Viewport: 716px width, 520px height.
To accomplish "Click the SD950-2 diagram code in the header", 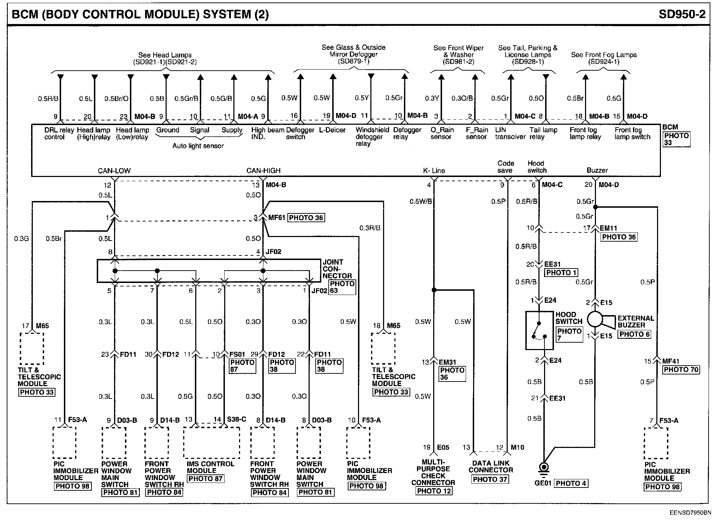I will pos(682,14).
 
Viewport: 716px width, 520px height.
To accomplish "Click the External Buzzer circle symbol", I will pos(595,319).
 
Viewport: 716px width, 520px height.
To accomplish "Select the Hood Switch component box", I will pos(539,330).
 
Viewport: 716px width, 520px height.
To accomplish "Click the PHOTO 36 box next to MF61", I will pos(306,218).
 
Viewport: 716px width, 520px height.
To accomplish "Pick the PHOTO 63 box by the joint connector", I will pos(342,287).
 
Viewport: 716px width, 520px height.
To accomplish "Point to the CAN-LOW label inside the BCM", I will pos(114,171).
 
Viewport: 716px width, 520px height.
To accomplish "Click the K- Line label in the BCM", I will pos(434,170).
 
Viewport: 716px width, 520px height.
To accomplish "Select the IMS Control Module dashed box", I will pos(211,442).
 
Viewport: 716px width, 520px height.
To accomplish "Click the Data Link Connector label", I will pos(491,466).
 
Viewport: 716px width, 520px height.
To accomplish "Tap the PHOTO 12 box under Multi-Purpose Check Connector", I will pos(434,491).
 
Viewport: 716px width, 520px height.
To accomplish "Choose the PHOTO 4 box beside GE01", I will pos(571,483).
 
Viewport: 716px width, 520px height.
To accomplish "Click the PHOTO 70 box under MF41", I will pos(681,370).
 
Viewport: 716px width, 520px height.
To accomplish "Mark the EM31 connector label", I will pos(447,362).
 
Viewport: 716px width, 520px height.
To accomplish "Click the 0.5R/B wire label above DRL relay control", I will pos(48,99).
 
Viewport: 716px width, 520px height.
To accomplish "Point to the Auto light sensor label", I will pos(198,146).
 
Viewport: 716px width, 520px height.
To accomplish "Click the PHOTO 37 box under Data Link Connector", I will pos(490,479).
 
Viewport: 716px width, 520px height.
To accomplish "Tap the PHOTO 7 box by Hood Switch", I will pos(569,334).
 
